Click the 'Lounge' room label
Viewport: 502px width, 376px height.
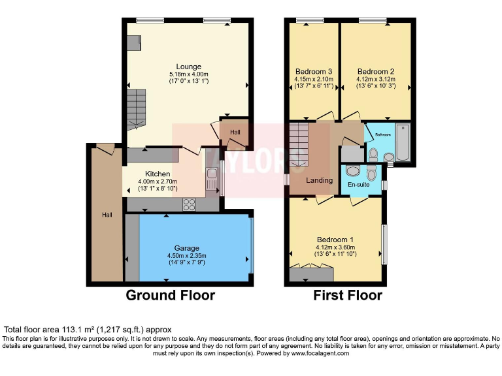click(x=188, y=67)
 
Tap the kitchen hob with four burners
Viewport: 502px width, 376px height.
click(x=190, y=204)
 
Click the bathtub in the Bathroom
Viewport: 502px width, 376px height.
click(x=401, y=143)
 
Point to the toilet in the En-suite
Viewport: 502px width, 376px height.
click(x=353, y=170)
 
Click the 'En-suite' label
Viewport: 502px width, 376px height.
click(x=358, y=185)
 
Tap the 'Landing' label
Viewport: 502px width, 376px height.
click(x=320, y=180)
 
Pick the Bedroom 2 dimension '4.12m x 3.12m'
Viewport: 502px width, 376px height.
click(x=375, y=79)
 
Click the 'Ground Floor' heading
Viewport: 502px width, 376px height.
click(x=170, y=296)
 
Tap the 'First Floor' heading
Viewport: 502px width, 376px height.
click(x=348, y=296)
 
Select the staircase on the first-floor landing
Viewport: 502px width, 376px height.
click(x=299, y=144)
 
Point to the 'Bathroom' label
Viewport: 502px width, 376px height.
click(x=382, y=134)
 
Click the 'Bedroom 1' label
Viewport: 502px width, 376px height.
click(x=335, y=240)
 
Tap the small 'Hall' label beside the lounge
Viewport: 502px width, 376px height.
click(x=235, y=132)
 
